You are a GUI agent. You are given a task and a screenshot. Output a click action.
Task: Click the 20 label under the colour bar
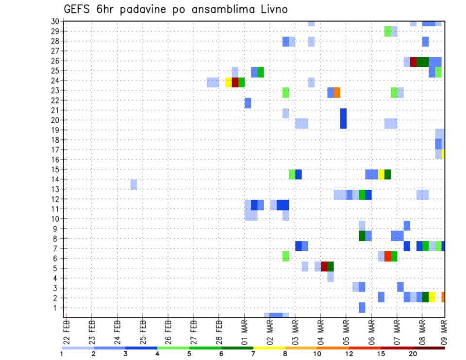coord(413,353)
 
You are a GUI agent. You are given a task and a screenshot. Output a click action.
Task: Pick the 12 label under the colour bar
coord(349,353)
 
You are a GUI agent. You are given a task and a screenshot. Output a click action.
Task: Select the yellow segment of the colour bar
coord(269,348)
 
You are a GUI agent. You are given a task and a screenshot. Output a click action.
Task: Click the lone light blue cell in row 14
coord(133,184)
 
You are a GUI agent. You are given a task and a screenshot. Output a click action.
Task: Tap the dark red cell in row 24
coord(235,82)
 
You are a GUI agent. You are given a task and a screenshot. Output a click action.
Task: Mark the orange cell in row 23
coord(337,92)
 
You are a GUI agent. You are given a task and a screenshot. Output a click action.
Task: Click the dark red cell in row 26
coord(413,62)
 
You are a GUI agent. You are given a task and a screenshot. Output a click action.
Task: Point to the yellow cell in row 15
coord(381,174)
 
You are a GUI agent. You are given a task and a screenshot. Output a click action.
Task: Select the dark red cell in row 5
coord(324,266)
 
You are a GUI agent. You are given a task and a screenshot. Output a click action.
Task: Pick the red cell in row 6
coord(387,256)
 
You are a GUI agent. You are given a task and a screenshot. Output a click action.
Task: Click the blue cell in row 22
coord(248,103)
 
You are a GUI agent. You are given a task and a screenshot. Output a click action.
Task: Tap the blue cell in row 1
coord(362,308)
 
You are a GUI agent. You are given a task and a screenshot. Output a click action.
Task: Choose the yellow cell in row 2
coord(432,297)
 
